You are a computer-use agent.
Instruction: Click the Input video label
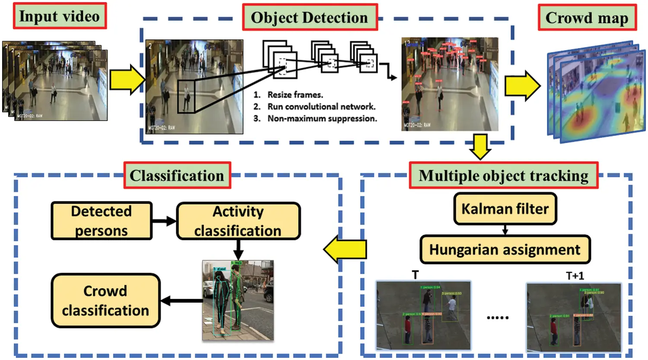(60, 16)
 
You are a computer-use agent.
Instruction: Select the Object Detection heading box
(309, 17)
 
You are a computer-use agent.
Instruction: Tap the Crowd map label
(587, 18)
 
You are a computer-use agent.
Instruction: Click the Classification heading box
(177, 175)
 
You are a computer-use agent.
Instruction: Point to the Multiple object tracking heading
(503, 175)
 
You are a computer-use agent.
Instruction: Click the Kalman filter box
(505, 209)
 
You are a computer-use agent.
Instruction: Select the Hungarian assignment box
(505, 250)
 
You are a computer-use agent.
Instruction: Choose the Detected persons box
(102, 221)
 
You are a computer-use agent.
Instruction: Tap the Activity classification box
(238, 221)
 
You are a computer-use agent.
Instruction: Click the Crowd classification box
(105, 300)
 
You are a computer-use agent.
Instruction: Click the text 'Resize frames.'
(295, 95)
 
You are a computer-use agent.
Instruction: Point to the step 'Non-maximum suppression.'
(322, 118)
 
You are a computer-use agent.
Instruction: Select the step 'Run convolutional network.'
(321, 107)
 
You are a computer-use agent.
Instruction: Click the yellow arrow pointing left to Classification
(345, 249)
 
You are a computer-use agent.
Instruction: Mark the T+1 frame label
(575, 276)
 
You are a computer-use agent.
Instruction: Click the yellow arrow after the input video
(127, 80)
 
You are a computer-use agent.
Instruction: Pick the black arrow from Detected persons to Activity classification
(164, 221)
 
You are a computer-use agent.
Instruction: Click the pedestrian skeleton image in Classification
(238, 300)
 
